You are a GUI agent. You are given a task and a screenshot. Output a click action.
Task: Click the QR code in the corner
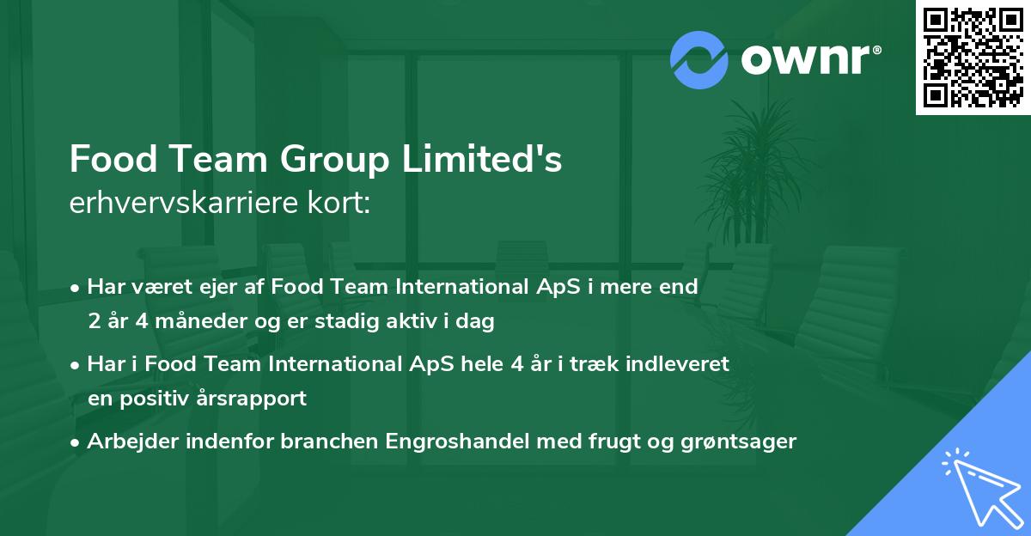coord(972,58)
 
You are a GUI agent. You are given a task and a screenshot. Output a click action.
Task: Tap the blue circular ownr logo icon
coord(699,60)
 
